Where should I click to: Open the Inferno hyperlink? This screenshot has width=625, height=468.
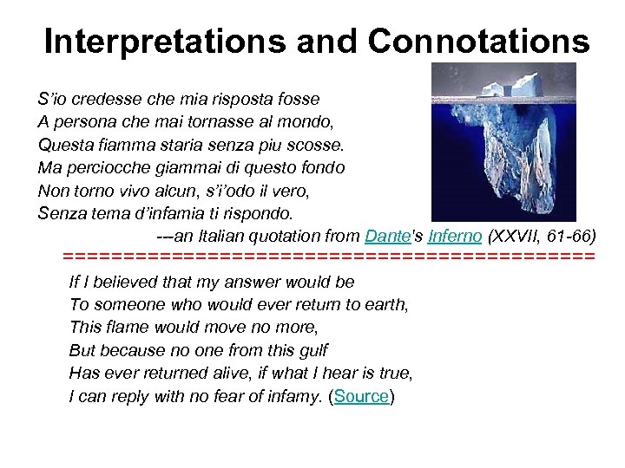point(454,235)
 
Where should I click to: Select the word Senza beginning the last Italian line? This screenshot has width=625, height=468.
point(59,212)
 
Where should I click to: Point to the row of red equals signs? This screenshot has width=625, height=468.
point(329,257)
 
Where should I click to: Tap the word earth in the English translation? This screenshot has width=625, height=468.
point(387,304)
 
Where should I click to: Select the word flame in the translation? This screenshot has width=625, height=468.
point(128,328)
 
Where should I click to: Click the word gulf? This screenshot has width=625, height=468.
point(311,350)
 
